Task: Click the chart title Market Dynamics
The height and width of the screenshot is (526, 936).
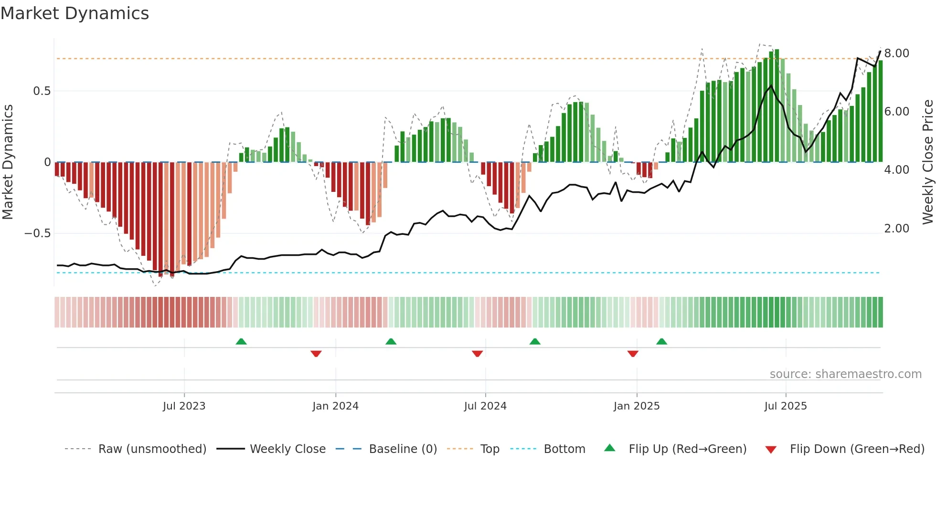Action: pyautogui.click(x=74, y=13)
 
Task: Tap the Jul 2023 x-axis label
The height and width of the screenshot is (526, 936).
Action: pyautogui.click(x=184, y=406)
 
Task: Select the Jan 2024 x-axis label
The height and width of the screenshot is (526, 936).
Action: pyautogui.click(x=335, y=406)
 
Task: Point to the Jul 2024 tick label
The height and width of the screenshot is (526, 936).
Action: pyautogui.click(x=485, y=406)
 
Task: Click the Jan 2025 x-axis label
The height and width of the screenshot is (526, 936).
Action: pyautogui.click(x=637, y=406)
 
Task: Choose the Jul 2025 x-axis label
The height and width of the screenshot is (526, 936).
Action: pyautogui.click(x=786, y=406)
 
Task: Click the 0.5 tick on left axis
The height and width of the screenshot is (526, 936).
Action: pyautogui.click(x=42, y=91)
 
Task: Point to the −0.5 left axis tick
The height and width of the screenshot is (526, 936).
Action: pyautogui.click(x=37, y=233)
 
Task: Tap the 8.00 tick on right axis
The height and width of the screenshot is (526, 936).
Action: pyautogui.click(x=896, y=53)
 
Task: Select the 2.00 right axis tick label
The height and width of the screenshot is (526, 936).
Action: pyautogui.click(x=896, y=229)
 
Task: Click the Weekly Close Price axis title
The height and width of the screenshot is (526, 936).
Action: pyautogui.click(x=927, y=162)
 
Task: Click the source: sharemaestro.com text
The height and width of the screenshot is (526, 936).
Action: pyautogui.click(x=845, y=374)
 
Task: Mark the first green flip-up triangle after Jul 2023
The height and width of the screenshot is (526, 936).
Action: pyautogui.click(x=241, y=341)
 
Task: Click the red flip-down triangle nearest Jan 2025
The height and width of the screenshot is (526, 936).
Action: pyautogui.click(x=633, y=354)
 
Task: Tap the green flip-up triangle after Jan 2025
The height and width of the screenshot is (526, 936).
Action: pyautogui.click(x=661, y=341)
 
